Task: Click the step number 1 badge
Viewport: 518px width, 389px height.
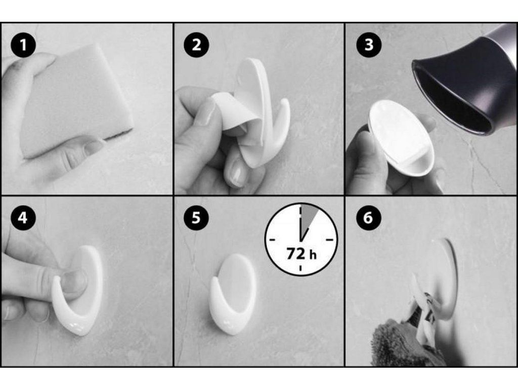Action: pos(23,45)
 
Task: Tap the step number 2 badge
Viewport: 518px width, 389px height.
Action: pos(196,45)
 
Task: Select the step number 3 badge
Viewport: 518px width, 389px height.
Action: pos(369,45)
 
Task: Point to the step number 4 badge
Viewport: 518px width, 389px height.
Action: pos(23,218)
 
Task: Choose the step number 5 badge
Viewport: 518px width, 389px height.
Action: pos(196,218)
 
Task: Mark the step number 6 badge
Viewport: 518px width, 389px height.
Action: pos(369,218)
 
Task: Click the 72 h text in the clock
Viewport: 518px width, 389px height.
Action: pos(301,254)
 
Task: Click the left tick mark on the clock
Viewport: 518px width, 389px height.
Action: pos(272,240)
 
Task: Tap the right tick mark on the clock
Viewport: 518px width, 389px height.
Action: pos(330,240)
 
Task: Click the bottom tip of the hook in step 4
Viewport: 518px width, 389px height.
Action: pos(80,332)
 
